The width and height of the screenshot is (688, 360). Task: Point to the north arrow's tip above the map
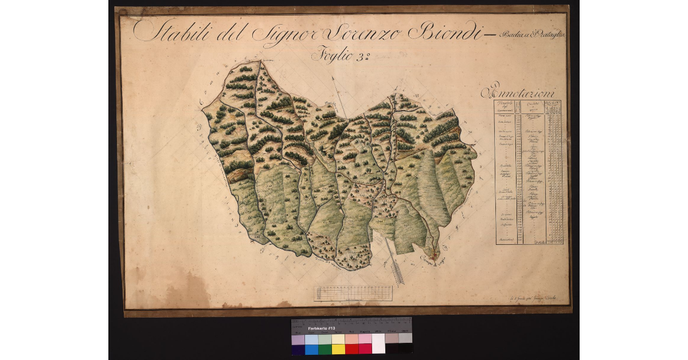tap(337, 92)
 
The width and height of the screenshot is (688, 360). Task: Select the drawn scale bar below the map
tap(353, 293)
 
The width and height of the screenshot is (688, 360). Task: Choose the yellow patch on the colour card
tap(338, 349)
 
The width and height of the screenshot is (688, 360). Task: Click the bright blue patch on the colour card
tap(311, 349)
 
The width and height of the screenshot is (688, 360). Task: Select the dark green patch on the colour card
tap(325, 349)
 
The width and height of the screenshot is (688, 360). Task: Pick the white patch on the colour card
tap(378, 344)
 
